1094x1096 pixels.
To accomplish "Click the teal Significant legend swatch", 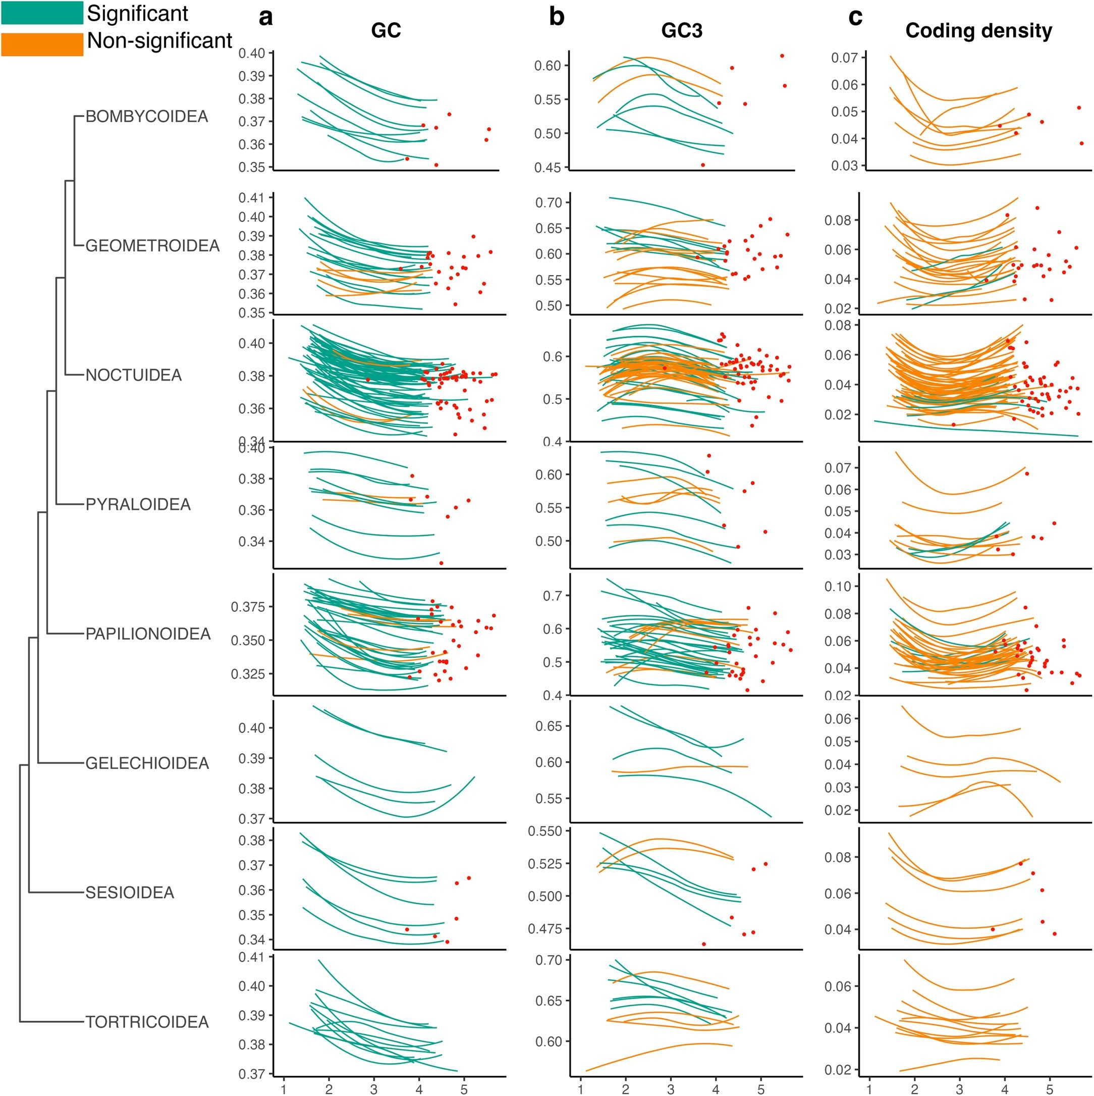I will pyautogui.click(x=42, y=13).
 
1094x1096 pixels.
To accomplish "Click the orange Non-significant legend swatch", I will pyautogui.click(x=42, y=44).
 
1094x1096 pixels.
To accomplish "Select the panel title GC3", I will pyautogui.click(x=682, y=31).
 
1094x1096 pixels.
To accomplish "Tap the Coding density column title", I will pyautogui.click(x=978, y=31).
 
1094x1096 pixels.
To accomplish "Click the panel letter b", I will pyautogui.click(x=557, y=18).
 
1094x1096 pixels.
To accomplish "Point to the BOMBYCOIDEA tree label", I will pyautogui.click(x=146, y=117).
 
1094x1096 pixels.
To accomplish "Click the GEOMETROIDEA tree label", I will pyautogui.click(x=152, y=246).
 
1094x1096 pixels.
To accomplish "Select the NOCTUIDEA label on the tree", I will pyautogui.click(x=133, y=375).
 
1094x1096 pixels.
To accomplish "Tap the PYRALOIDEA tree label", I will pyautogui.click(x=138, y=504).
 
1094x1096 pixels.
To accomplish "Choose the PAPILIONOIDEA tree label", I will pyautogui.click(x=147, y=634).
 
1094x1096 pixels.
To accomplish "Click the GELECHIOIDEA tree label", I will pyautogui.click(x=147, y=763).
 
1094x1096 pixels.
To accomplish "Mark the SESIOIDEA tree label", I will pyautogui.click(x=129, y=893).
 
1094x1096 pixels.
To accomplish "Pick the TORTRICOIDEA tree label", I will pyautogui.click(x=147, y=1022).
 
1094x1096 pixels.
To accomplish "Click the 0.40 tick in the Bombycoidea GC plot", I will pyautogui.click(x=251, y=54).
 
